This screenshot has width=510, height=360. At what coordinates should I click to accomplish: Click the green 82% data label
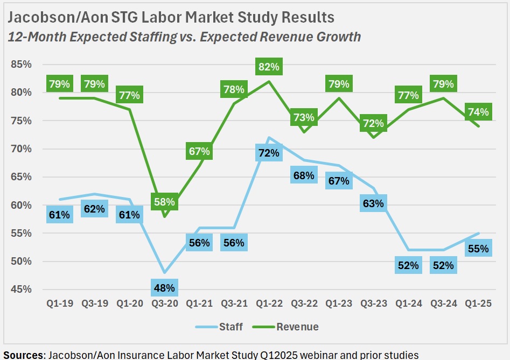point(269,67)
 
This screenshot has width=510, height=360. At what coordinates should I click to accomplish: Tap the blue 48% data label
point(164,288)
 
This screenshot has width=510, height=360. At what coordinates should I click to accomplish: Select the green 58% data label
point(164,202)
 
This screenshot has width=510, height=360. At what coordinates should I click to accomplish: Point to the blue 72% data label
point(269,153)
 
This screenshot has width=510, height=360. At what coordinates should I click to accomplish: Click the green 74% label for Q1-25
point(478,112)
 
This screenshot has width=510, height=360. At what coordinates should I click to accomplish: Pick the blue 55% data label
point(478,249)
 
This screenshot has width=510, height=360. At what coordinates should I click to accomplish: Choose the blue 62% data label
point(94,209)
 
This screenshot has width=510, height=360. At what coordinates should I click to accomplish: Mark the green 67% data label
point(199,151)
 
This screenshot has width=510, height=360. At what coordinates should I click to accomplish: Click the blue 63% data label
point(373,203)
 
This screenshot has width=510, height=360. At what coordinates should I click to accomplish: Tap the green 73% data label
point(304,117)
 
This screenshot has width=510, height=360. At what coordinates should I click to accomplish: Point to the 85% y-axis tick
point(22,65)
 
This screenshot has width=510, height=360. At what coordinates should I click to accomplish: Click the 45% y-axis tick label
point(22,290)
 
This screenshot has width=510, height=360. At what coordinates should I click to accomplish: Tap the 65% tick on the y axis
point(22,177)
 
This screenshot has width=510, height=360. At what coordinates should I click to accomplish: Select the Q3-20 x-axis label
point(164,304)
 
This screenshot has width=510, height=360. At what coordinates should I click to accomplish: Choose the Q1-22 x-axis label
point(269,304)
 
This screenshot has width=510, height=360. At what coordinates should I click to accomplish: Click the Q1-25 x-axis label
point(478,304)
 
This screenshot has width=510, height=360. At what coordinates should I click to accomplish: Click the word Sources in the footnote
point(24,355)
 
